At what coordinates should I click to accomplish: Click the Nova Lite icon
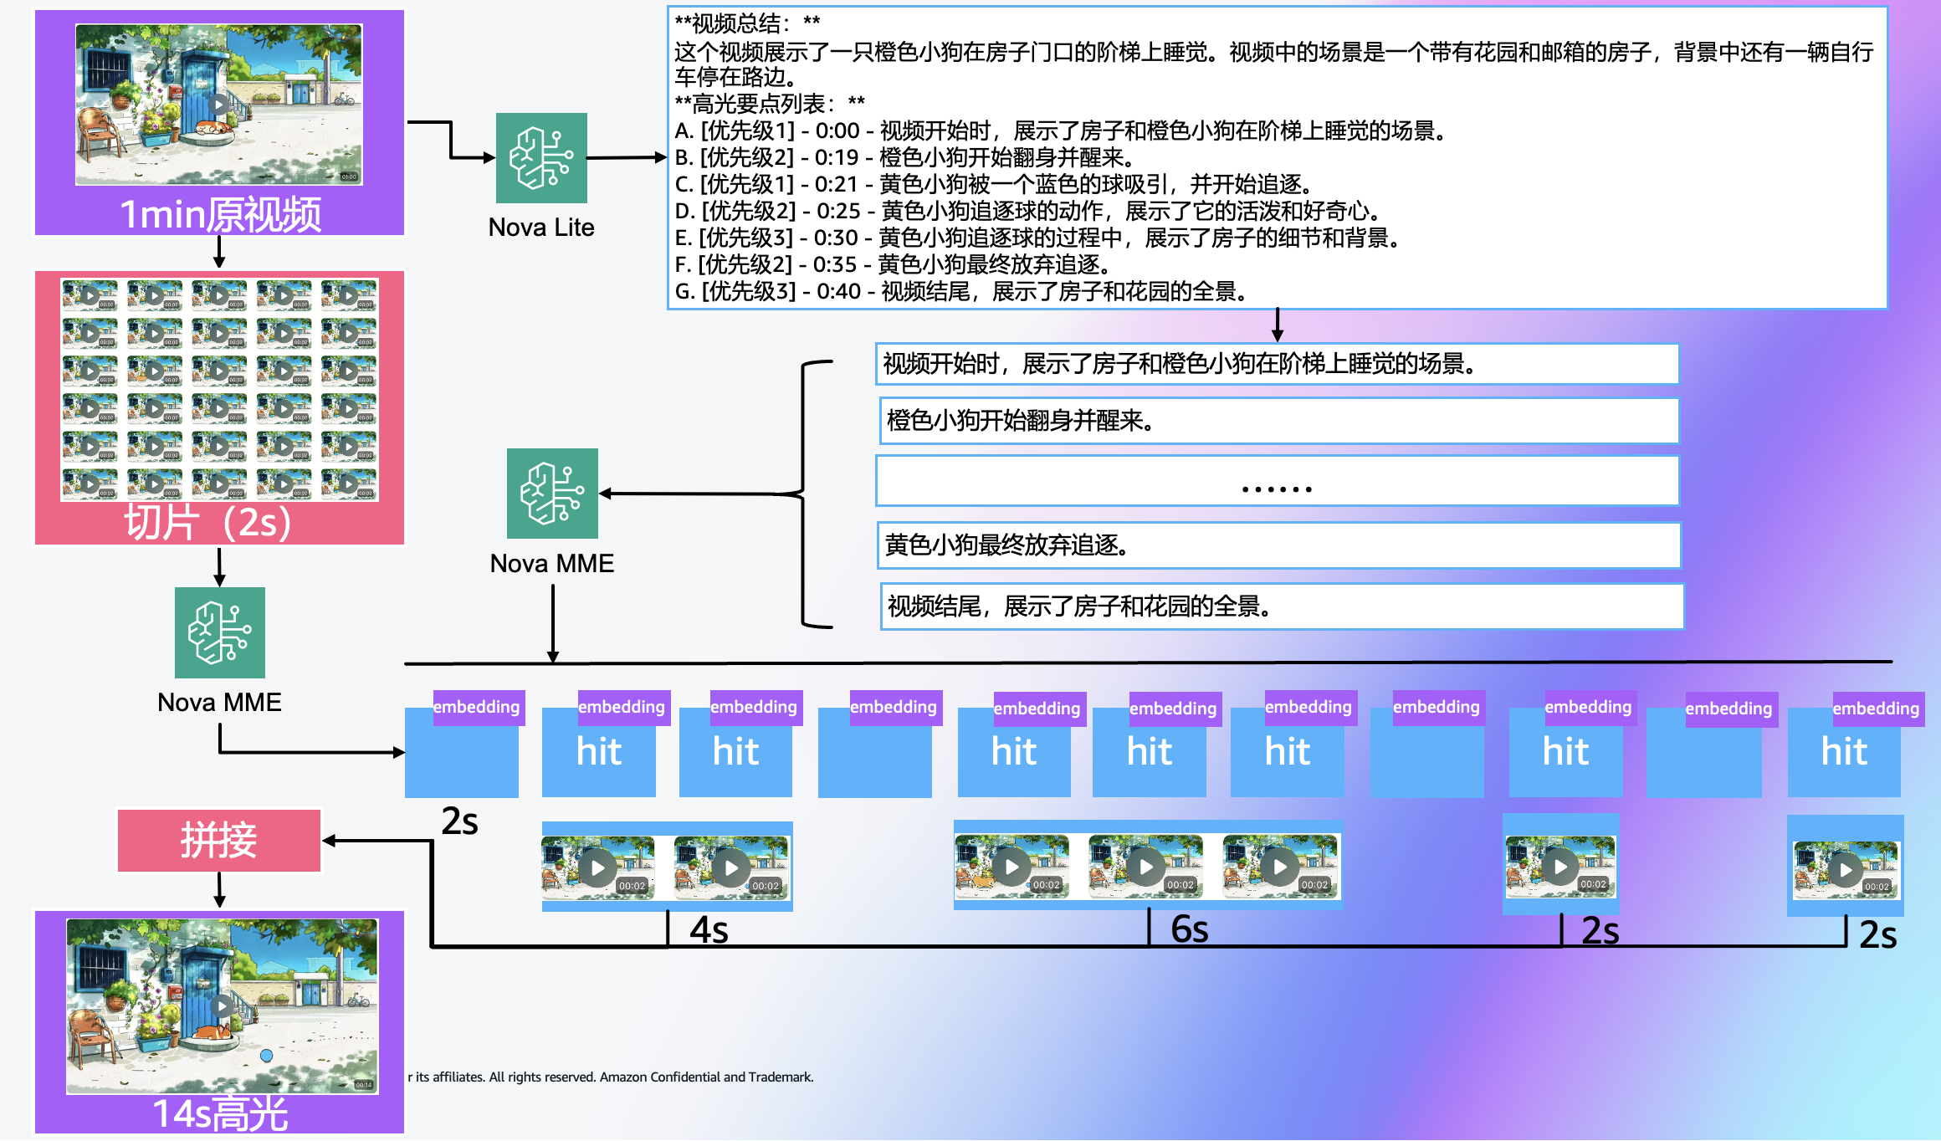[541, 158]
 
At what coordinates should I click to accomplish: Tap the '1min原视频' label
[220, 214]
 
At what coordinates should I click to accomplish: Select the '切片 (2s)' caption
[208, 523]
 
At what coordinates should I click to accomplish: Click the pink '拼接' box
[219, 840]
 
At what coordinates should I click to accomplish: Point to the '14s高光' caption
[220, 1113]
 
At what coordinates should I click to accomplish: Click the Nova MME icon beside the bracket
[552, 494]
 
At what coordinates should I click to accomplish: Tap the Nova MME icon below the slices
[220, 632]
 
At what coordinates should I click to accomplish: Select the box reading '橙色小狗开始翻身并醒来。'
[1278, 421]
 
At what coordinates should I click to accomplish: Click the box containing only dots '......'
[1277, 482]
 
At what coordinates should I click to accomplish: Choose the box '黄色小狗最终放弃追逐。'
[1280, 545]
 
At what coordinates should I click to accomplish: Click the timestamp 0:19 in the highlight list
[837, 157]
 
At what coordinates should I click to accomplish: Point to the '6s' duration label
[1189, 929]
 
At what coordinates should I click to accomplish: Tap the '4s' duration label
[709, 930]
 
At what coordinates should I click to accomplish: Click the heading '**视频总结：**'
[747, 23]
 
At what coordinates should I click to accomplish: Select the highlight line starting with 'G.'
[962, 291]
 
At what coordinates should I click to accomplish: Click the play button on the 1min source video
[218, 105]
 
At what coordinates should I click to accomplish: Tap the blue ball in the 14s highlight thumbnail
[266, 1056]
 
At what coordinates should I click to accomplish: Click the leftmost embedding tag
[477, 707]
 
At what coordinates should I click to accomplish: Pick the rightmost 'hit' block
[1844, 752]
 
